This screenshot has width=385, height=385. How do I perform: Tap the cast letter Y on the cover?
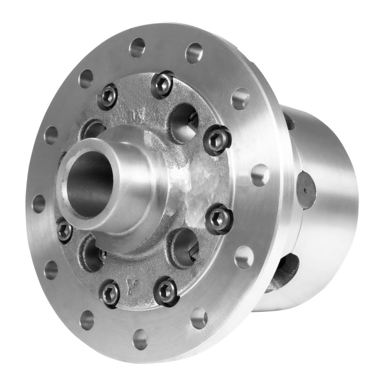129,284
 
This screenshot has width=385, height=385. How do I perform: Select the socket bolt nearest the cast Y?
110,292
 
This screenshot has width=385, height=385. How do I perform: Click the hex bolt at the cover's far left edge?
64,230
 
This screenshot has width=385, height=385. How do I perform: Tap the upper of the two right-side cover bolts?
218,140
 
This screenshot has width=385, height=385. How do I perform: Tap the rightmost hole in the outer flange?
260,174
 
